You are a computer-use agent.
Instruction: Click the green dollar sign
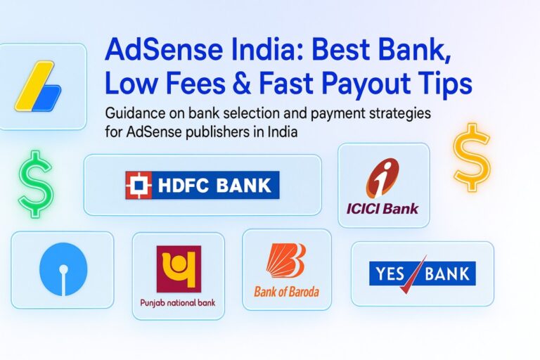(35, 184)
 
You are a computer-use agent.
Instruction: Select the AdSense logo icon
(37, 87)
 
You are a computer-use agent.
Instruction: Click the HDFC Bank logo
(202, 185)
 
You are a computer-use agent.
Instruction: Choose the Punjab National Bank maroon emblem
(178, 269)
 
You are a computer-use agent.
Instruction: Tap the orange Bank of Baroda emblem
(285, 260)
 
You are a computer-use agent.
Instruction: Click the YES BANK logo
(422, 274)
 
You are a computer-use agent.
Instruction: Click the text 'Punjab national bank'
(178, 304)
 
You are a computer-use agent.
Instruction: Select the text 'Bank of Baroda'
(285, 290)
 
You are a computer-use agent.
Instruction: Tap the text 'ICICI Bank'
(382, 207)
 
